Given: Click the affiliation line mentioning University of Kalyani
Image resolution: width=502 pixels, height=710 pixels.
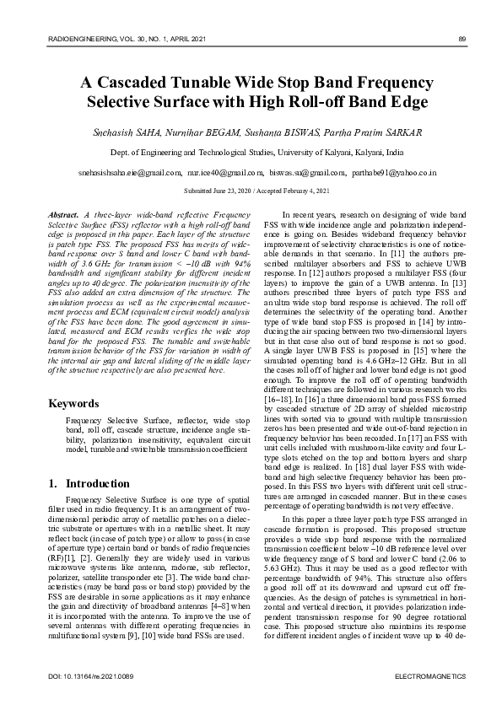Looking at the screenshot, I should click(251, 153).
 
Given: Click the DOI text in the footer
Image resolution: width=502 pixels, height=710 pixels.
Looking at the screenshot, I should click(80, 678).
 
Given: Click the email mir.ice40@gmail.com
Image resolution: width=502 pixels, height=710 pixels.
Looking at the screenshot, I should click(223, 171).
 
